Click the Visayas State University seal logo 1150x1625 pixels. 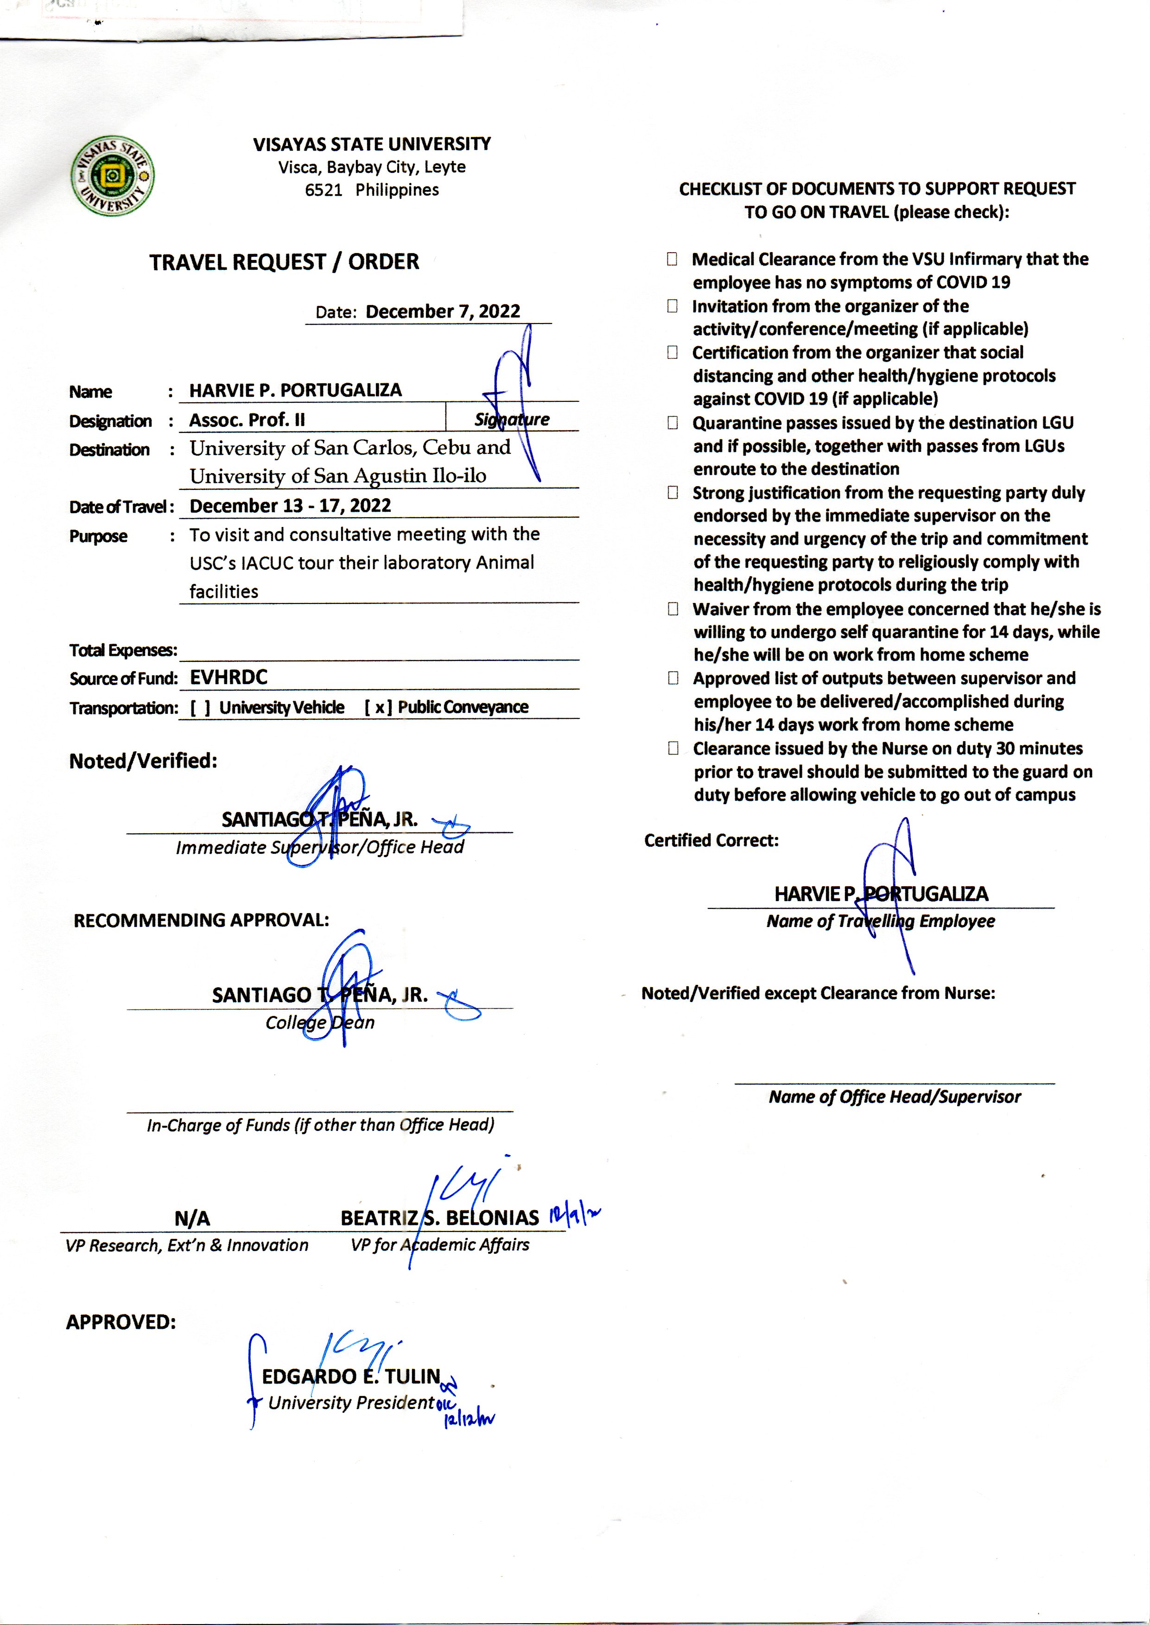pos(113,176)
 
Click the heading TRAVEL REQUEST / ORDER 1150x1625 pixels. pos(284,262)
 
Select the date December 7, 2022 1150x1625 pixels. pos(443,311)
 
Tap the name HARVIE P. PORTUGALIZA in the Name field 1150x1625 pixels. pos(295,390)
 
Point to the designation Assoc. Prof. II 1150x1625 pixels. pos(247,420)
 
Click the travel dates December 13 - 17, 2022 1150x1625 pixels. pos(290,506)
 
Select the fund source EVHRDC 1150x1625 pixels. pos(229,678)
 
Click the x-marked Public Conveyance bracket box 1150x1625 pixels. pos(379,707)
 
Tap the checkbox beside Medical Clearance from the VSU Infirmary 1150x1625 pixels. pos(672,259)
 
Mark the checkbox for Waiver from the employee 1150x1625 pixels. pos(673,609)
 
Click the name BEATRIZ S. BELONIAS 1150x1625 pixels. pos(439,1218)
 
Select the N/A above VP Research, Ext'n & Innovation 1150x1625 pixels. pos(192,1219)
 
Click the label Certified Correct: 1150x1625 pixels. pos(711,840)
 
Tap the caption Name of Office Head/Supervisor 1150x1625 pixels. pos(894,1097)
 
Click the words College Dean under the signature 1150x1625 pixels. pos(320,1022)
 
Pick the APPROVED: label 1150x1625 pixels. pos(121,1322)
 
